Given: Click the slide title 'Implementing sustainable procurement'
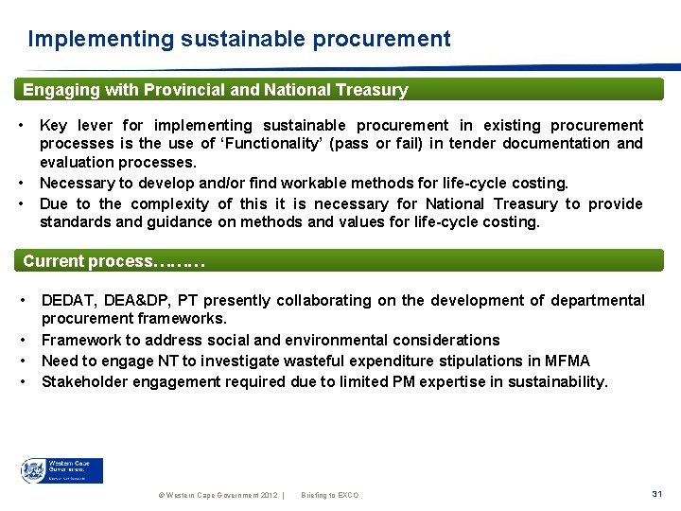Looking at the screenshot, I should click(239, 39).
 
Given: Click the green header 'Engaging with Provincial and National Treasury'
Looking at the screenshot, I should click(216, 90).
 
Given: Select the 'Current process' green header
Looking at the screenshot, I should click(113, 260).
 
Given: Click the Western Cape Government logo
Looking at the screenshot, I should click(62, 470).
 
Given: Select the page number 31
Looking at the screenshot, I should click(656, 494).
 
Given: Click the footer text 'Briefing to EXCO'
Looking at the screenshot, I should click(329, 495).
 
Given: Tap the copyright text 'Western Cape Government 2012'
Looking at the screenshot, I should click(215, 495).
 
